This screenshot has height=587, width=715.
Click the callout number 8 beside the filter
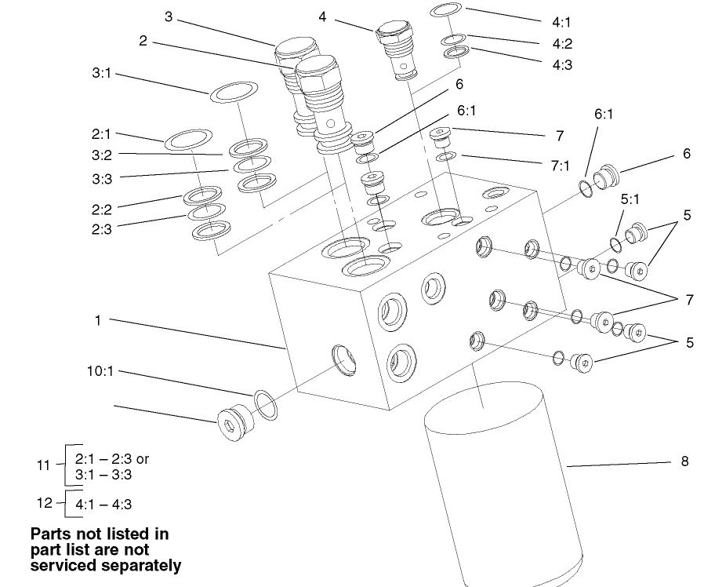[x=684, y=461]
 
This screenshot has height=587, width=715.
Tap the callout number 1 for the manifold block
[x=98, y=320]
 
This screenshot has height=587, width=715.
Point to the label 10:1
[x=100, y=371]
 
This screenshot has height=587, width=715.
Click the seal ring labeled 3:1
[x=234, y=90]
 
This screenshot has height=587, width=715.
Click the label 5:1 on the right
[x=631, y=200]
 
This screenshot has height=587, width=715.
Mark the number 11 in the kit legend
[x=44, y=465]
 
